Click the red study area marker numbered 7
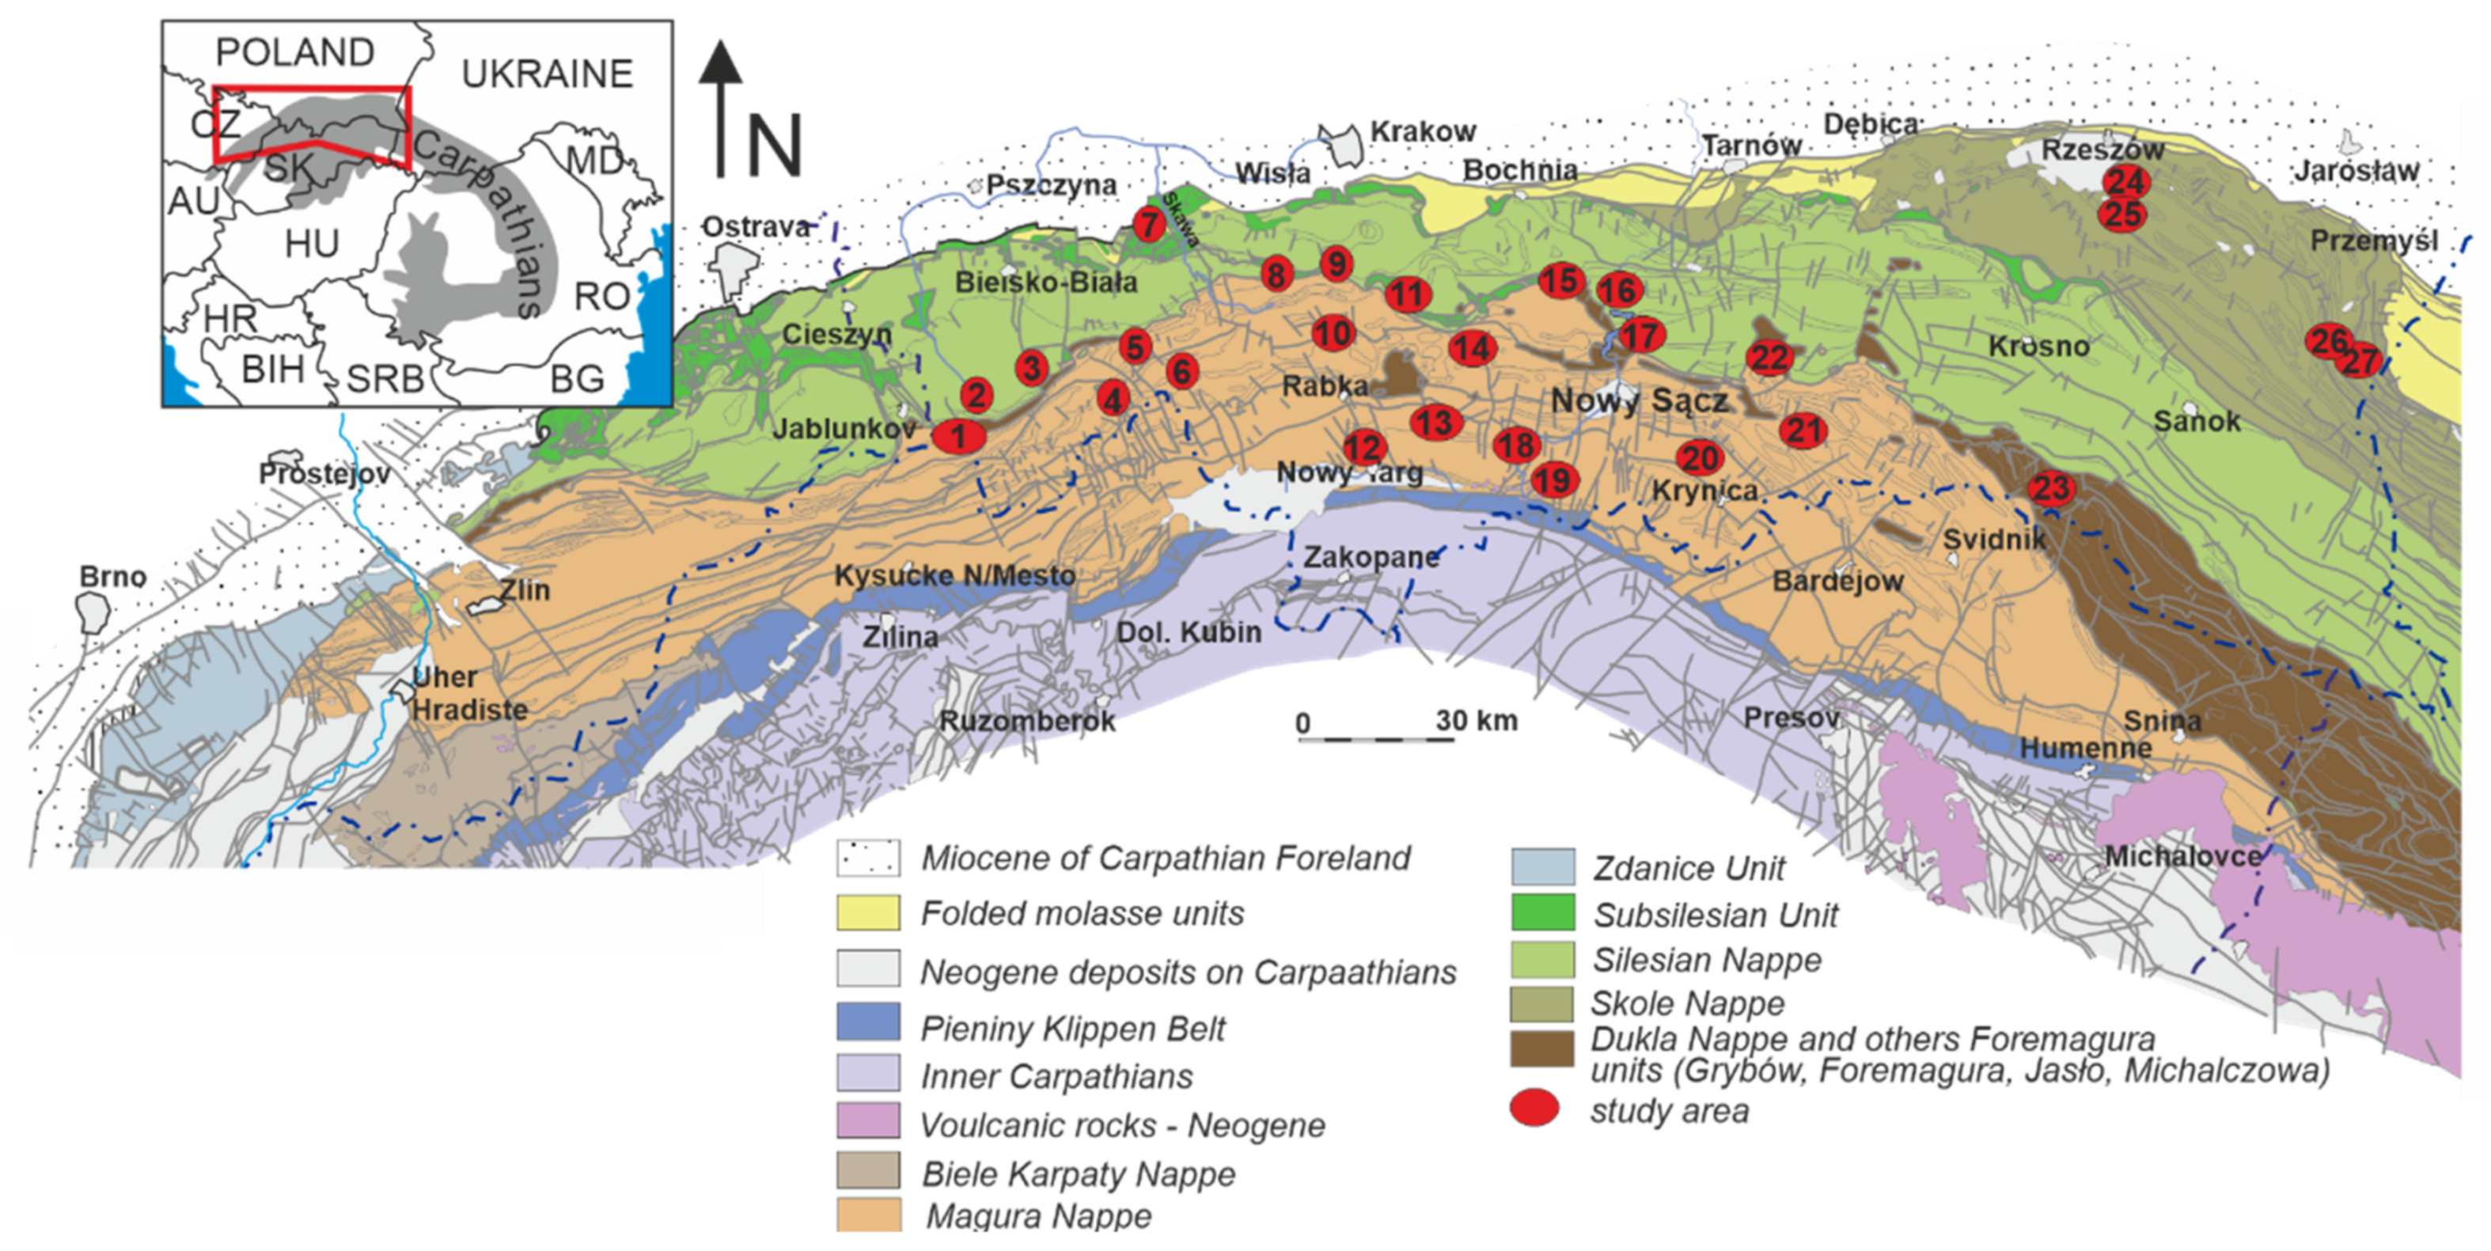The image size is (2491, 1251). click(1148, 224)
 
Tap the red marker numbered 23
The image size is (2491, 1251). click(2051, 488)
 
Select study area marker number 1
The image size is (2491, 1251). click(958, 436)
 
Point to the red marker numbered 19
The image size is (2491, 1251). click(1554, 480)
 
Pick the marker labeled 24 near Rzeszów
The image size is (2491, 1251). click(2125, 180)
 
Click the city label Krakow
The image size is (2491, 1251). click(1423, 131)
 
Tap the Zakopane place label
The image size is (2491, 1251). click(1371, 557)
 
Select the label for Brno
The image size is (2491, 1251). click(113, 576)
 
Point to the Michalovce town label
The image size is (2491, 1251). click(2182, 855)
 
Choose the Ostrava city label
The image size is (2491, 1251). click(755, 227)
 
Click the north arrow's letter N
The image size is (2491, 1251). click(775, 145)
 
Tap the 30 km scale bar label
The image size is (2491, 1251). click(1476, 720)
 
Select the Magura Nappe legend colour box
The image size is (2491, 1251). click(868, 1215)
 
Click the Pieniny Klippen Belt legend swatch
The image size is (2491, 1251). click(868, 1022)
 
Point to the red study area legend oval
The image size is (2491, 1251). click(1534, 1108)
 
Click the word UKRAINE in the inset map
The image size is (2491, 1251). click(548, 74)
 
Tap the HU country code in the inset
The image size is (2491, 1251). click(312, 244)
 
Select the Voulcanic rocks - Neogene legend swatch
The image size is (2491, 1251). click(868, 1121)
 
